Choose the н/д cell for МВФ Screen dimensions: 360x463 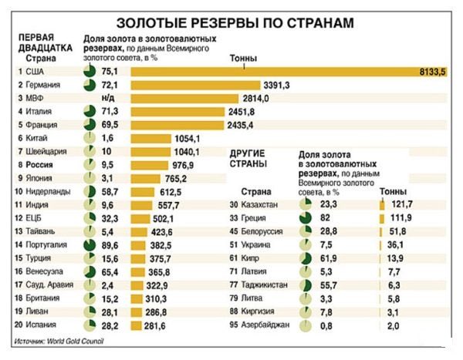pyautogui.click(x=108, y=98)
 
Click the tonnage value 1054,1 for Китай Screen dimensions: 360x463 pyautogui.click(x=188, y=138)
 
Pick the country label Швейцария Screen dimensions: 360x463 pyautogui.click(x=47, y=151)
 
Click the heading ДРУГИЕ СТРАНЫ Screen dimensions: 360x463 pyautogui.click(x=248, y=158)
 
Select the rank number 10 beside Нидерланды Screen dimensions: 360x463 pyautogui.click(x=19, y=191)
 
